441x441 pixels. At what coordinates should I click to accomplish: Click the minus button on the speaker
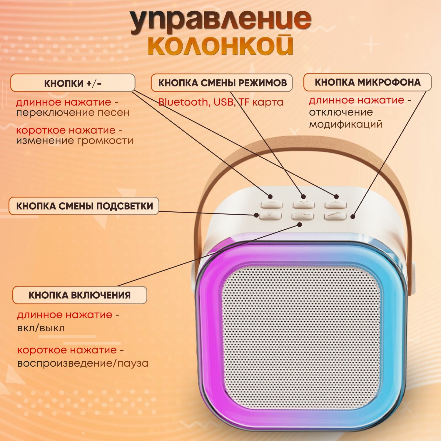coord(272,204)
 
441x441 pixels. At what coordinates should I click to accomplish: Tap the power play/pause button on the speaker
coord(303,216)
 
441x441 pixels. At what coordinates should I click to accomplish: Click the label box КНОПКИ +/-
coord(73,83)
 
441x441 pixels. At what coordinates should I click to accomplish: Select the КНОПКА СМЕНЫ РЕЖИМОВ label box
coord(222,83)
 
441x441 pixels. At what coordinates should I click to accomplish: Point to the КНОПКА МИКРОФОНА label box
coord(367,82)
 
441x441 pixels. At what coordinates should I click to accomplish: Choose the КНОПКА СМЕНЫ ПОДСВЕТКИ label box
coord(84,206)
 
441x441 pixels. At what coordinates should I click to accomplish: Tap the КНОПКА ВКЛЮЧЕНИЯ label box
coord(79,295)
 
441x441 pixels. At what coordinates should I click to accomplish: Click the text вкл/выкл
coord(41,328)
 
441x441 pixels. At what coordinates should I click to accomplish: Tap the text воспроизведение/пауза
coord(83,363)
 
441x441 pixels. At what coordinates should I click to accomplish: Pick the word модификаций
coord(345,124)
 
